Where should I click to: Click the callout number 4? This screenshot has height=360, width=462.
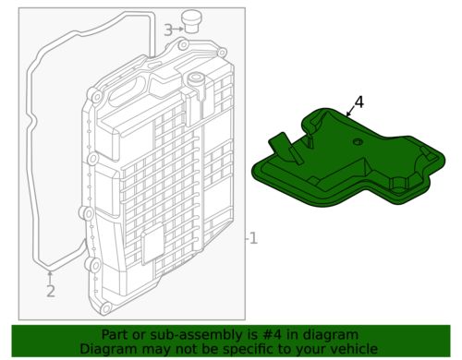coord(359,102)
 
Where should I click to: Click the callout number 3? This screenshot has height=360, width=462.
coord(168,30)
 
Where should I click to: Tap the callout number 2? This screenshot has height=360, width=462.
coord(51,291)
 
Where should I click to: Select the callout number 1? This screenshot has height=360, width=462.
coord(253,238)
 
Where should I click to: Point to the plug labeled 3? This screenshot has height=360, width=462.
coord(190,21)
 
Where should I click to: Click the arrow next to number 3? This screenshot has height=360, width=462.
coord(178,30)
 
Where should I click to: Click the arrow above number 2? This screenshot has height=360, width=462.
coord(50,277)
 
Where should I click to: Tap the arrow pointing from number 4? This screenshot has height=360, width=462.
coord(350,112)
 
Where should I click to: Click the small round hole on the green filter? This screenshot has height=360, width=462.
coord(358,142)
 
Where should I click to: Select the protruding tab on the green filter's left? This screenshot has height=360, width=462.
coord(286,148)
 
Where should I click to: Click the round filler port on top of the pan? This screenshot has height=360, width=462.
coord(195,78)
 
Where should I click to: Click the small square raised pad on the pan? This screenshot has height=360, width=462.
coord(152,244)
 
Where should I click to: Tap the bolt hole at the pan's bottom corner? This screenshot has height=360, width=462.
coord(105,308)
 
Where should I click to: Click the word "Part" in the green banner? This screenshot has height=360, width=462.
coord(112,335)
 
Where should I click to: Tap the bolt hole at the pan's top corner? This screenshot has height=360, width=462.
coord(184,45)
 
